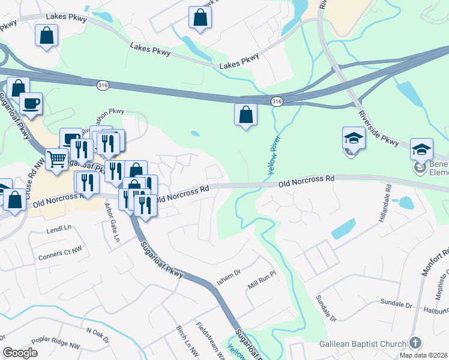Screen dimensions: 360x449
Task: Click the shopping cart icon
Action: click(56, 160)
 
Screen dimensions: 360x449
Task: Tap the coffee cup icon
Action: click(31, 103)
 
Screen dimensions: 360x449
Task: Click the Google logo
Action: click(20, 353)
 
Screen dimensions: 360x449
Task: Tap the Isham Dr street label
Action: click(229, 276)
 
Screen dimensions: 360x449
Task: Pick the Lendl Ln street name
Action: click(59, 229)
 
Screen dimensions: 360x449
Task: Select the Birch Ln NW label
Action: click(187, 343)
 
